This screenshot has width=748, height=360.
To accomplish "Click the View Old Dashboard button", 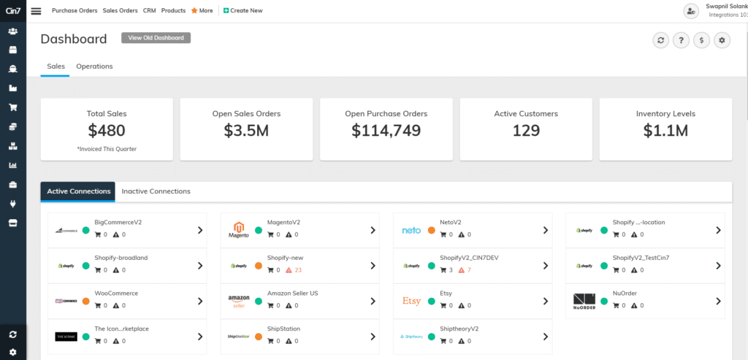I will pos(156,38).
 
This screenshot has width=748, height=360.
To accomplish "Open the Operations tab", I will pos(94,66).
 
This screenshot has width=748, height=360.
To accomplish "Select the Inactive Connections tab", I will pos(156,191).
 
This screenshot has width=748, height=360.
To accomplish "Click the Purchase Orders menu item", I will pos(75,11).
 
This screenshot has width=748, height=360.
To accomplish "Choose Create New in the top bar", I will pos(243,11).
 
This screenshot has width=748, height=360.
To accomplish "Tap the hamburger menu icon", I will pos(37,11).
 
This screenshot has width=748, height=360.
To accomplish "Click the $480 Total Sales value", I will pos(107,131).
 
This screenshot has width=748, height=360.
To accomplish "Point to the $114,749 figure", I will pos(386,131).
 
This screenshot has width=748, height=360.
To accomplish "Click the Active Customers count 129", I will pos(526,131).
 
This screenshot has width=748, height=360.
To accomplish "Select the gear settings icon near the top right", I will pos(722,40).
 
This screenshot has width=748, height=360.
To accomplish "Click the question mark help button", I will pos(681,40).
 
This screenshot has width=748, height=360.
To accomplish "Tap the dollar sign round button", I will pos(701,40).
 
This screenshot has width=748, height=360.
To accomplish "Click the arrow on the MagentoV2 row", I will pos(373,230).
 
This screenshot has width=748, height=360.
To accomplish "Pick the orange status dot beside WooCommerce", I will pos(86,301).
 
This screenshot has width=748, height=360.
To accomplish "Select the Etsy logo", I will pos(412,301).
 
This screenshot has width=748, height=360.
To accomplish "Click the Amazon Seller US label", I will pos(292,294).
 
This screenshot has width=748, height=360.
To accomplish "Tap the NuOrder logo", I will pos(584,301).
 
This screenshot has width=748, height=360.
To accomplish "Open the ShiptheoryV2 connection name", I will pos(459,329).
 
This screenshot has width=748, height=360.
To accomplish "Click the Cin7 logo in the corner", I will pos(13,10).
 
